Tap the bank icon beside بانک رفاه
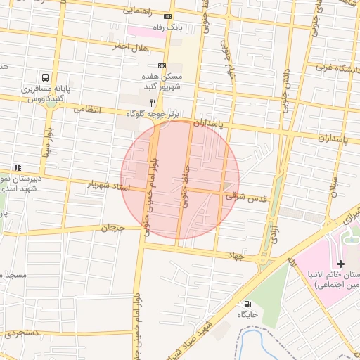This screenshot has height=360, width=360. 167,16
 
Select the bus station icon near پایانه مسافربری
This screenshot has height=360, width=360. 46,79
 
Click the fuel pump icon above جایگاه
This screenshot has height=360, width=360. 246,304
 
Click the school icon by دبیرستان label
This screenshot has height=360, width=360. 18,167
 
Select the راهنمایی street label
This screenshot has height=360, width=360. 139,11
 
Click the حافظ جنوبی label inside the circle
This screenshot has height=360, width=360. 185,184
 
